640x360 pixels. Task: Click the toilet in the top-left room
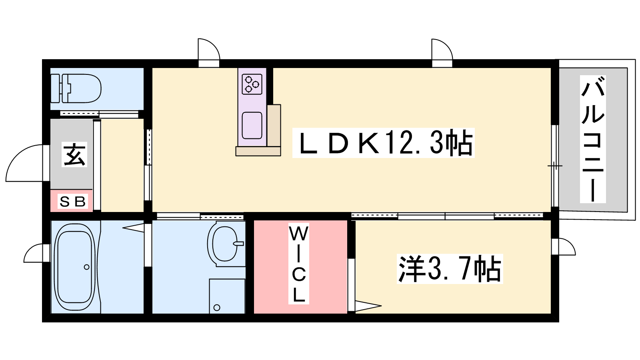click(x=76, y=88)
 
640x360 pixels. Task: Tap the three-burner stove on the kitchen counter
click(x=252, y=84)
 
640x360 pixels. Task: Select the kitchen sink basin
click(x=252, y=126)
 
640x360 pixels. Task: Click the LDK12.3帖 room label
click(x=384, y=142)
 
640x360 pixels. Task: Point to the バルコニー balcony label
click(x=593, y=139)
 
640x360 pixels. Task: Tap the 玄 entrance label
click(x=74, y=154)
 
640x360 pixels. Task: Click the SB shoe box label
click(x=72, y=202)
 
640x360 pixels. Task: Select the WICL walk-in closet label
click(x=298, y=264)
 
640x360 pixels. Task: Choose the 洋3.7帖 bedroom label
click(x=450, y=268)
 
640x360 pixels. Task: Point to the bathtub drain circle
click(x=86, y=267)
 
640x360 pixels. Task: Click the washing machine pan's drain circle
click(x=217, y=308)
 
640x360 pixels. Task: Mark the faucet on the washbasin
click(x=238, y=244)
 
